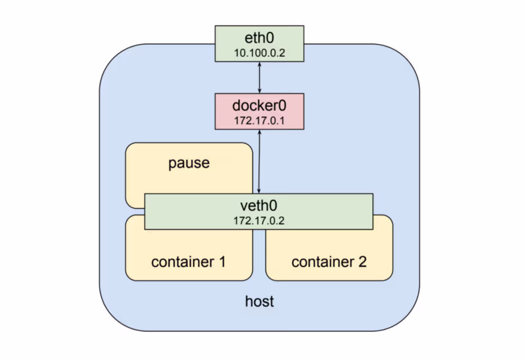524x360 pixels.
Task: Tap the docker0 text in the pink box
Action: [259, 105]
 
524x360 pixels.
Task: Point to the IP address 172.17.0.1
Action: [259, 119]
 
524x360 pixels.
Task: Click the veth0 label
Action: [259, 206]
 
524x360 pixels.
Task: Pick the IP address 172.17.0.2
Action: [259, 220]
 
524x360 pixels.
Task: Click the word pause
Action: [189, 163]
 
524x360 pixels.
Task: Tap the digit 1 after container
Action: [222, 262]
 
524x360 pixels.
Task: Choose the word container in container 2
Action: [322, 262]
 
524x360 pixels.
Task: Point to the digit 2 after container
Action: [362, 262]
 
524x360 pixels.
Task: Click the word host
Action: [259, 302]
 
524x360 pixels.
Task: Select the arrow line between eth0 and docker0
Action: [259, 78]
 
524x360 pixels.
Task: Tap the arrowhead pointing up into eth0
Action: [259, 65]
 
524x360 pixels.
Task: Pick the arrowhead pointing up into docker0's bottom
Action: [259, 133]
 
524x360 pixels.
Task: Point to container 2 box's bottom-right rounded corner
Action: [389, 276]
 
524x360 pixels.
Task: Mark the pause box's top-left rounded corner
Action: [129, 147]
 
